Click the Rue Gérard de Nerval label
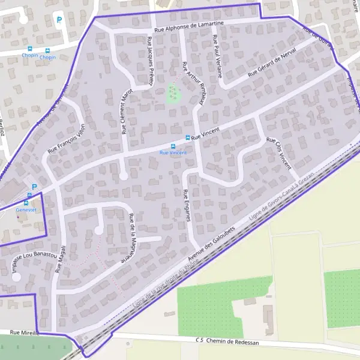(272, 63)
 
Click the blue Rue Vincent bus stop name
(173, 153)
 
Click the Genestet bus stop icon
(29, 196)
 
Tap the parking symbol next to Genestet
(34, 187)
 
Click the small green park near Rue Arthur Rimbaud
(173, 93)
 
